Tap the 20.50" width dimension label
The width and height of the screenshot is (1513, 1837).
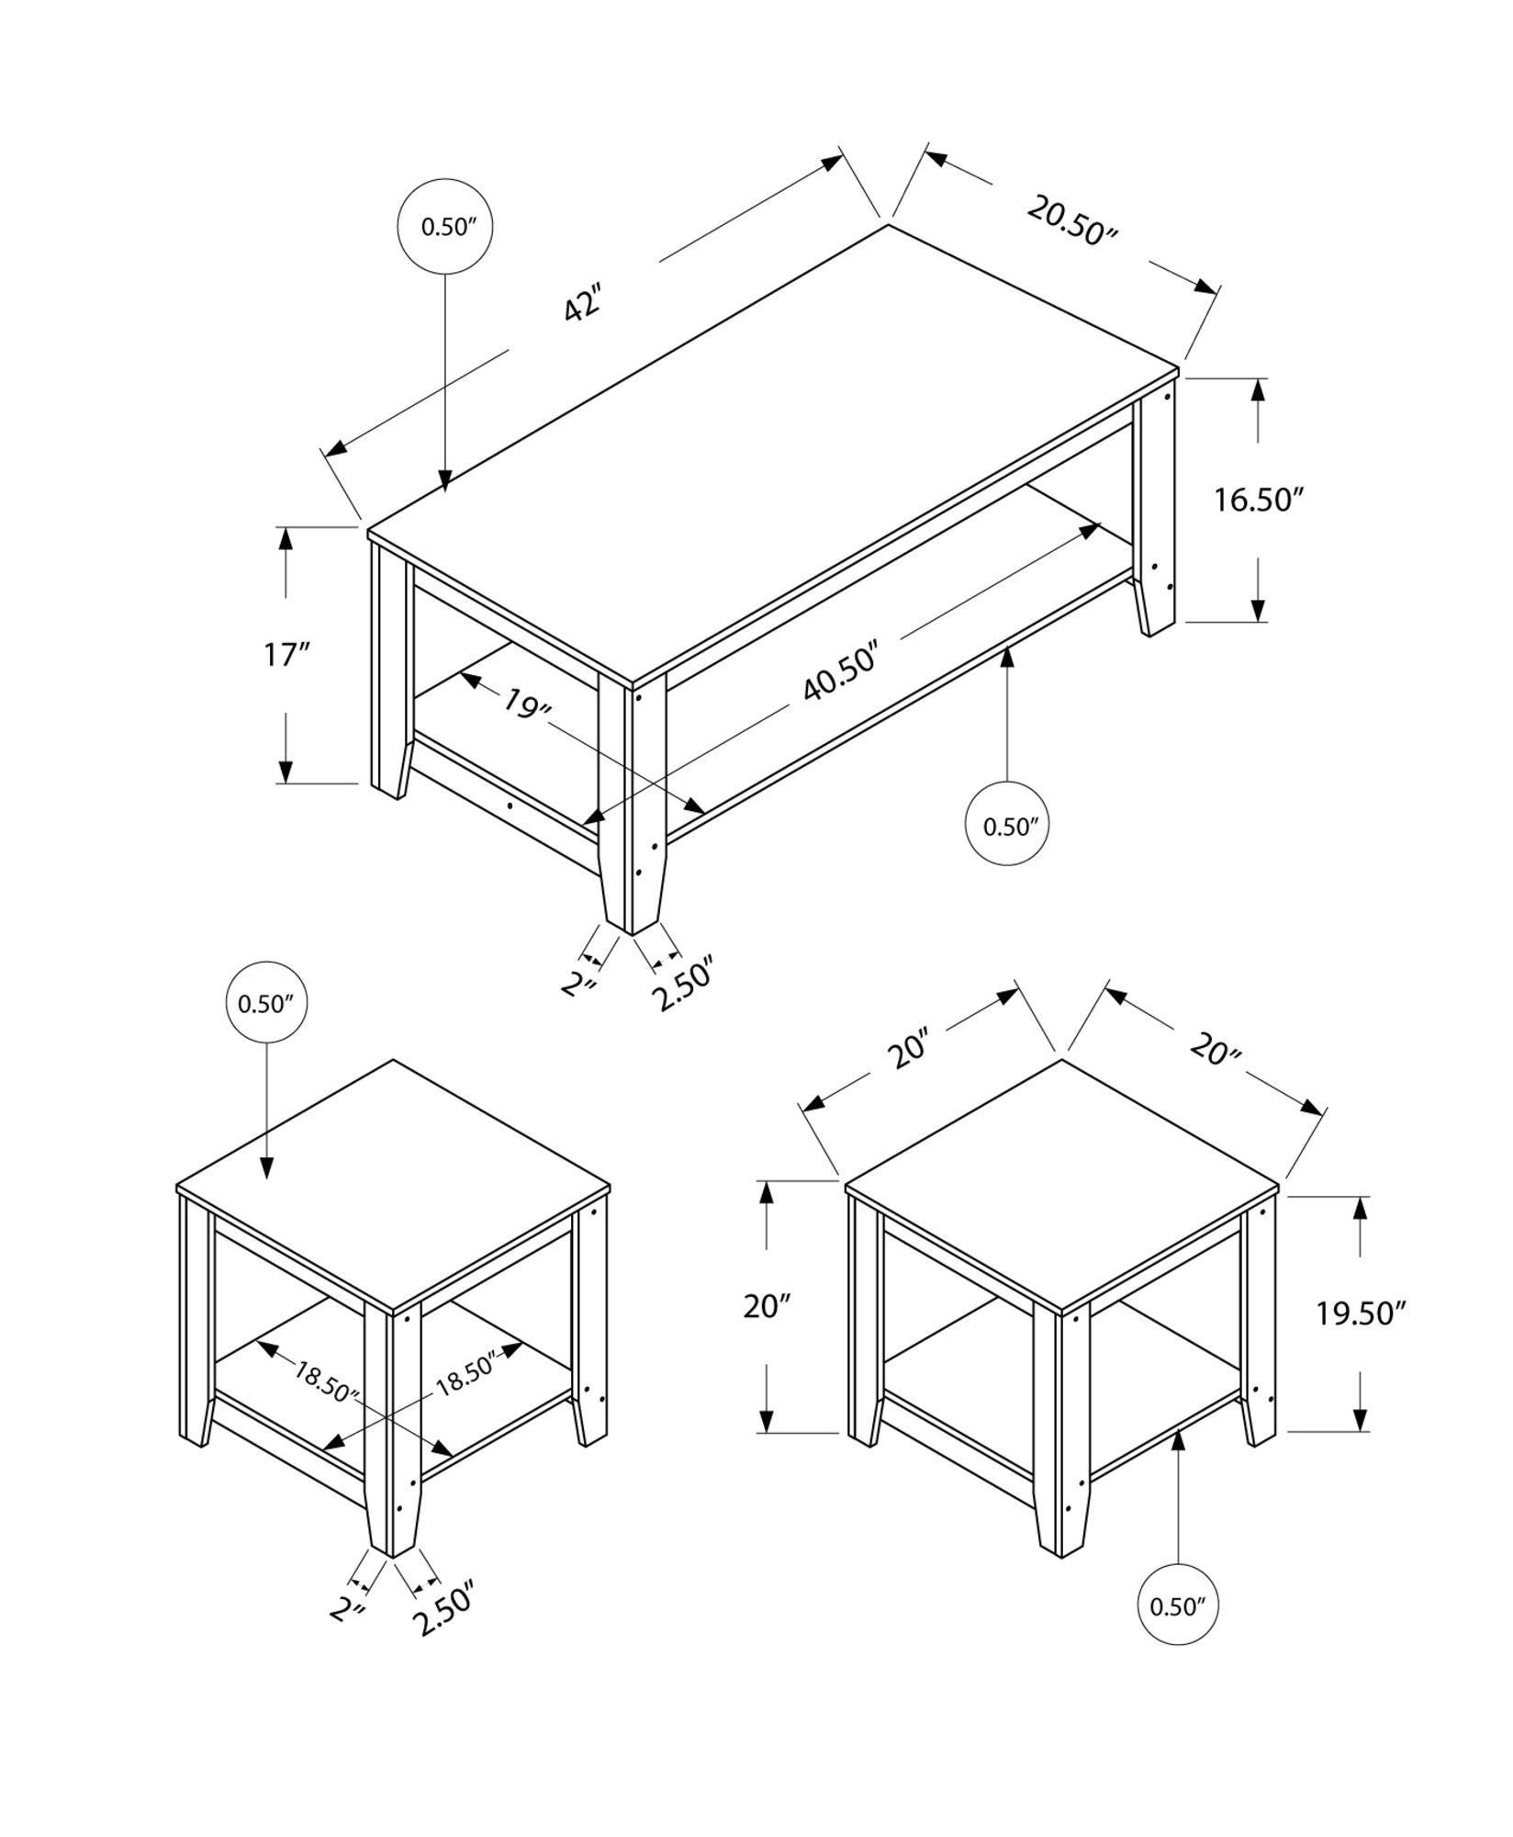click(x=1070, y=221)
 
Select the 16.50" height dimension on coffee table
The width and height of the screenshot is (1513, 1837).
click(x=1259, y=501)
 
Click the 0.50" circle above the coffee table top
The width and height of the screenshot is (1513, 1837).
click(x=445, y=227)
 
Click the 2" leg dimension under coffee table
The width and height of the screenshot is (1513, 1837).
click(x=580, y=985)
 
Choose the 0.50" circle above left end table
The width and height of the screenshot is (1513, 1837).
click(x=266, y=1003)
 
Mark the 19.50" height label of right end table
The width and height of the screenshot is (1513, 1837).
click(x=1362, y=1314)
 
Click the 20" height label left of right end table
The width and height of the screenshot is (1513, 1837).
click(x=768, y=1305)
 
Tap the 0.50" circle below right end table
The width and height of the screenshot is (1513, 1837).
click(x=1178, y=1606)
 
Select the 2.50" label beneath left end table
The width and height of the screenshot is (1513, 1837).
click(x=444, y=1606)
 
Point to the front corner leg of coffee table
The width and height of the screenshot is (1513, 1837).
click(x=632, y=808)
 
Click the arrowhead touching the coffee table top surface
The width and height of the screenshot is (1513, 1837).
click(x=445, y=480)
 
